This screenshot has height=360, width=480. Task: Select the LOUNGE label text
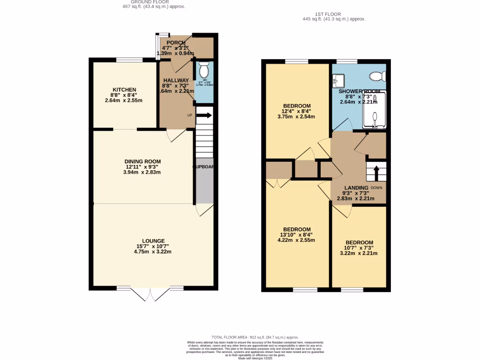(153, 241)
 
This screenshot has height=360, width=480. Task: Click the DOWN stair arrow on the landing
(375, 172)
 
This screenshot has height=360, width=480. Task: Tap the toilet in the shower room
(377, 75)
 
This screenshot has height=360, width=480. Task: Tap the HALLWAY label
(176, 81)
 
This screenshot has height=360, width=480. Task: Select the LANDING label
(356, 187)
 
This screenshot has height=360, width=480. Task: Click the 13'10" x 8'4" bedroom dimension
(296, 235)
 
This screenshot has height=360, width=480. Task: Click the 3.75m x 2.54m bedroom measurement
(296, 117)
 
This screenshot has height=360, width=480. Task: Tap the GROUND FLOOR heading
(153, 2)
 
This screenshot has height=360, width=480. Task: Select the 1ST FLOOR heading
(334, 15)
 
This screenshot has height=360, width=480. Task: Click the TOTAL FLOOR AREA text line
(255, 337)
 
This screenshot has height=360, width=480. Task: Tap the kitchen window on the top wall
(129, 59)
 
